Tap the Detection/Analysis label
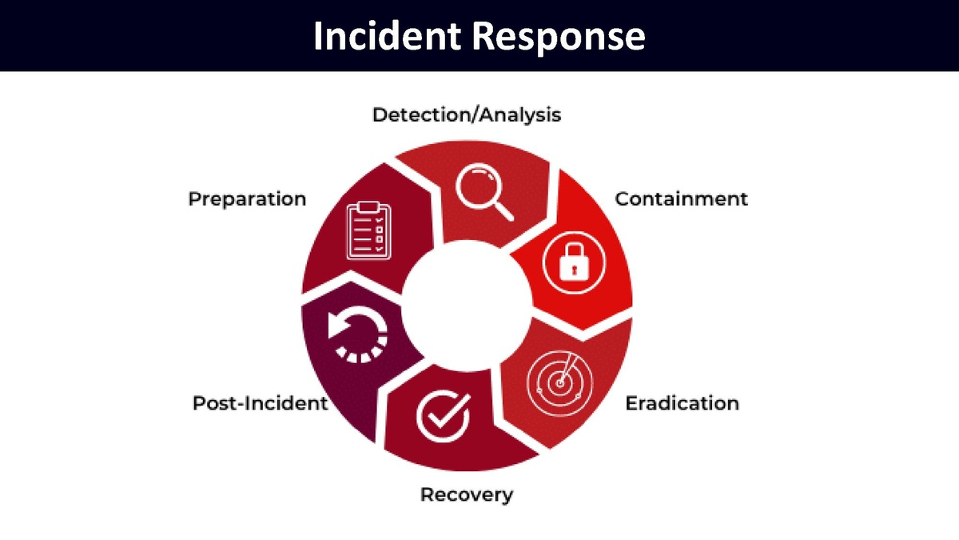[467, 114]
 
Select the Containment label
[681, 198]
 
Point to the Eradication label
[682, 402]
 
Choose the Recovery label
[467, 494]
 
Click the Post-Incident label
[261, 402]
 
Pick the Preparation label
[247, 198]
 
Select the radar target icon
[561, 382]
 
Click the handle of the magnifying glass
[503, 210]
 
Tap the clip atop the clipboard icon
[368, 208]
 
